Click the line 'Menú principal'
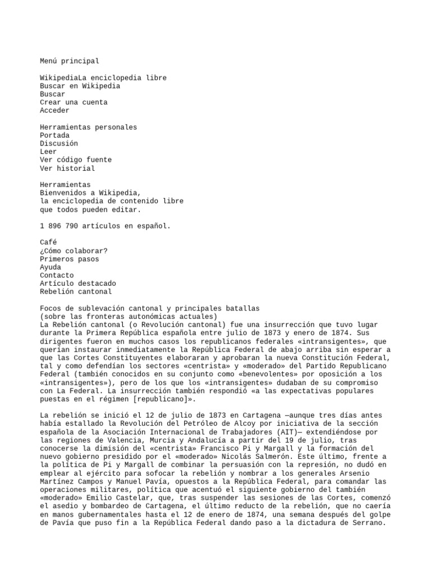pyautogui.click(x=69, y=61)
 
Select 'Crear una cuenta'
pyautogui.click(x=74, y=103)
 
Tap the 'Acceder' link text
pyautogui.click(x=54, y=111)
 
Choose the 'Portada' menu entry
pyautogui.click(x=54, y=135)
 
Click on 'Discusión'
pyautogui.click(x=59, y=144)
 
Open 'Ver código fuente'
pyautogui.click(x=75, y=160)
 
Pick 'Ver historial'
pyautogui.click(x=67, y=168)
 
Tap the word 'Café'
pyautogui.click(x=48, y=243)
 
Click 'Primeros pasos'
pyautogui.click(x=69, y=259)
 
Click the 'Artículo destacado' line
pyautogui.click(x=77, y=284)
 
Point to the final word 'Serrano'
pyautogui.click(x=370, y=523)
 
